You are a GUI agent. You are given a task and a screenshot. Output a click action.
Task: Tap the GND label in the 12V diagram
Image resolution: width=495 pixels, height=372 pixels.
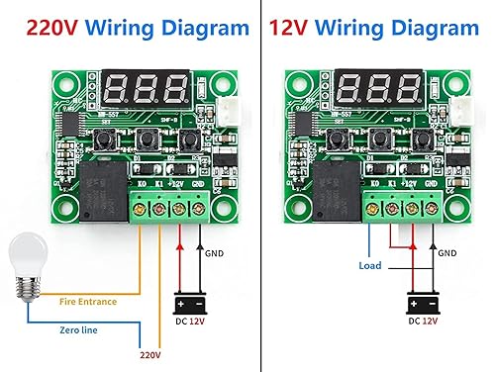(x=447, y=253)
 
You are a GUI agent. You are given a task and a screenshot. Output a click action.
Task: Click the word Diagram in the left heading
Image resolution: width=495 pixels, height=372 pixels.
(x=205, y=28)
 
